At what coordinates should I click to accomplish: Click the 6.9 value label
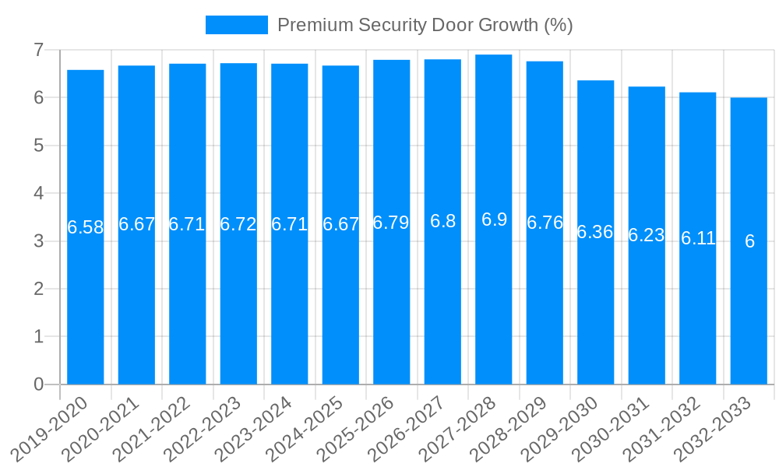(x=494, y=219)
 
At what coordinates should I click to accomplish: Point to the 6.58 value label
(x=86, y=227)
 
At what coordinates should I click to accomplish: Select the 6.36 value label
(x=595, y=232)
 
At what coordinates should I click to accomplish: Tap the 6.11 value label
(x=698, y=238)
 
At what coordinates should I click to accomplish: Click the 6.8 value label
(x=442, y=221)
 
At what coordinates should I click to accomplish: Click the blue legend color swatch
(x=236, y=25)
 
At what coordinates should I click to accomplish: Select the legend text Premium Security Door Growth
(x=425, y=25)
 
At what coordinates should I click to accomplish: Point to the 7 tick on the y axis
(x=38, y=50)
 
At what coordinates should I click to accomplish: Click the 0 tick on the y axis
(x=38, y=384)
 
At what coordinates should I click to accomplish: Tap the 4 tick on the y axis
(x=38, y=193)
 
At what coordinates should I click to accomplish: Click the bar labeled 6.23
(x=647, y=311)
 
